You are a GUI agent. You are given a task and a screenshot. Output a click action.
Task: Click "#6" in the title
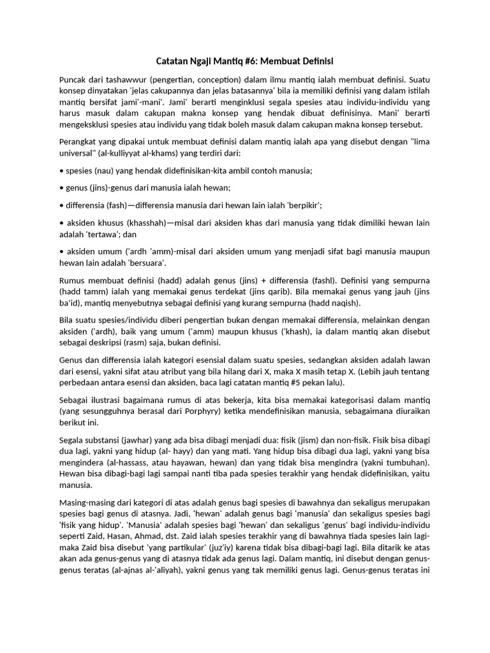[x=249, y=61]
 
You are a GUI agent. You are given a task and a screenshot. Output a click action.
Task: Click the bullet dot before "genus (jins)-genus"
[x=61, y=188]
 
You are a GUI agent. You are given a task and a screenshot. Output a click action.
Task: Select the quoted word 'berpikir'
[x=304, y=205]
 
